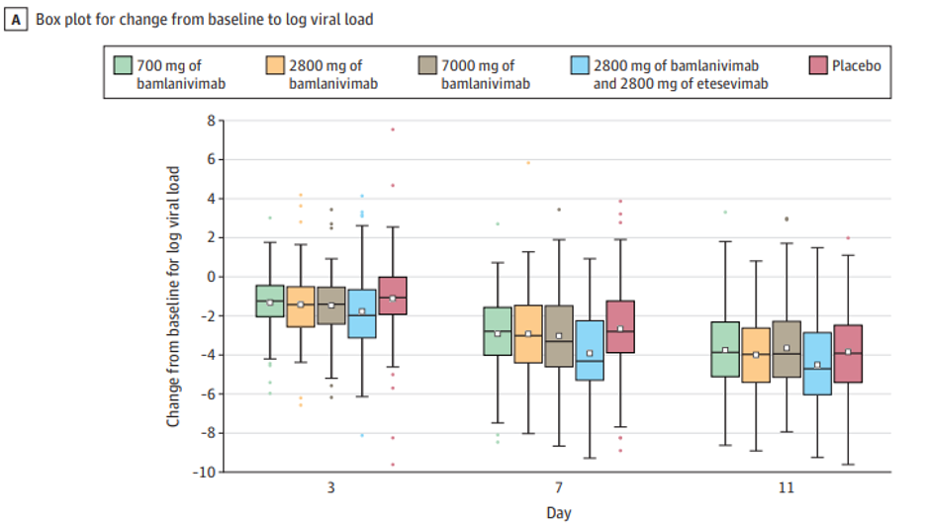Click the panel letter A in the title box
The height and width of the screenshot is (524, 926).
(14, 19)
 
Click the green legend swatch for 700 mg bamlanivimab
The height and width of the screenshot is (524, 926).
(123, 66)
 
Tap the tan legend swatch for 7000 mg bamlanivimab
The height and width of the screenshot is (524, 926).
(427, 66)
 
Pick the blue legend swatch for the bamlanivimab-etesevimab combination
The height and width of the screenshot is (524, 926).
(580, 66)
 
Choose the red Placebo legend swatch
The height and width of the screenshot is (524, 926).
(817, 66)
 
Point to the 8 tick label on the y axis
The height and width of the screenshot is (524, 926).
(210, 121)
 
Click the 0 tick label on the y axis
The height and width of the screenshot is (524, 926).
(210, 277)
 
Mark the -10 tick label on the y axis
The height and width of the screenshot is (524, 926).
(204, 472)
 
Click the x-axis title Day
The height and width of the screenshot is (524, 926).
(559, 512)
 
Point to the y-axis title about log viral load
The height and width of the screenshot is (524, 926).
(174, 296)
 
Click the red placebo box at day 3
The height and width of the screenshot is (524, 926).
(393, 296)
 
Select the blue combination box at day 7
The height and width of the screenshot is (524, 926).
(590, 350)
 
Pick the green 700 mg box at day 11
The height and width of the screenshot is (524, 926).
(725, 349)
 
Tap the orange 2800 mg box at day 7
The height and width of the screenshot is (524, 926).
(528, 333)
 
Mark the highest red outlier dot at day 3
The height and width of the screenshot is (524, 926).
(393, 130)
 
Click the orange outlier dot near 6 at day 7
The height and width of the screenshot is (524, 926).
(528, 162)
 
